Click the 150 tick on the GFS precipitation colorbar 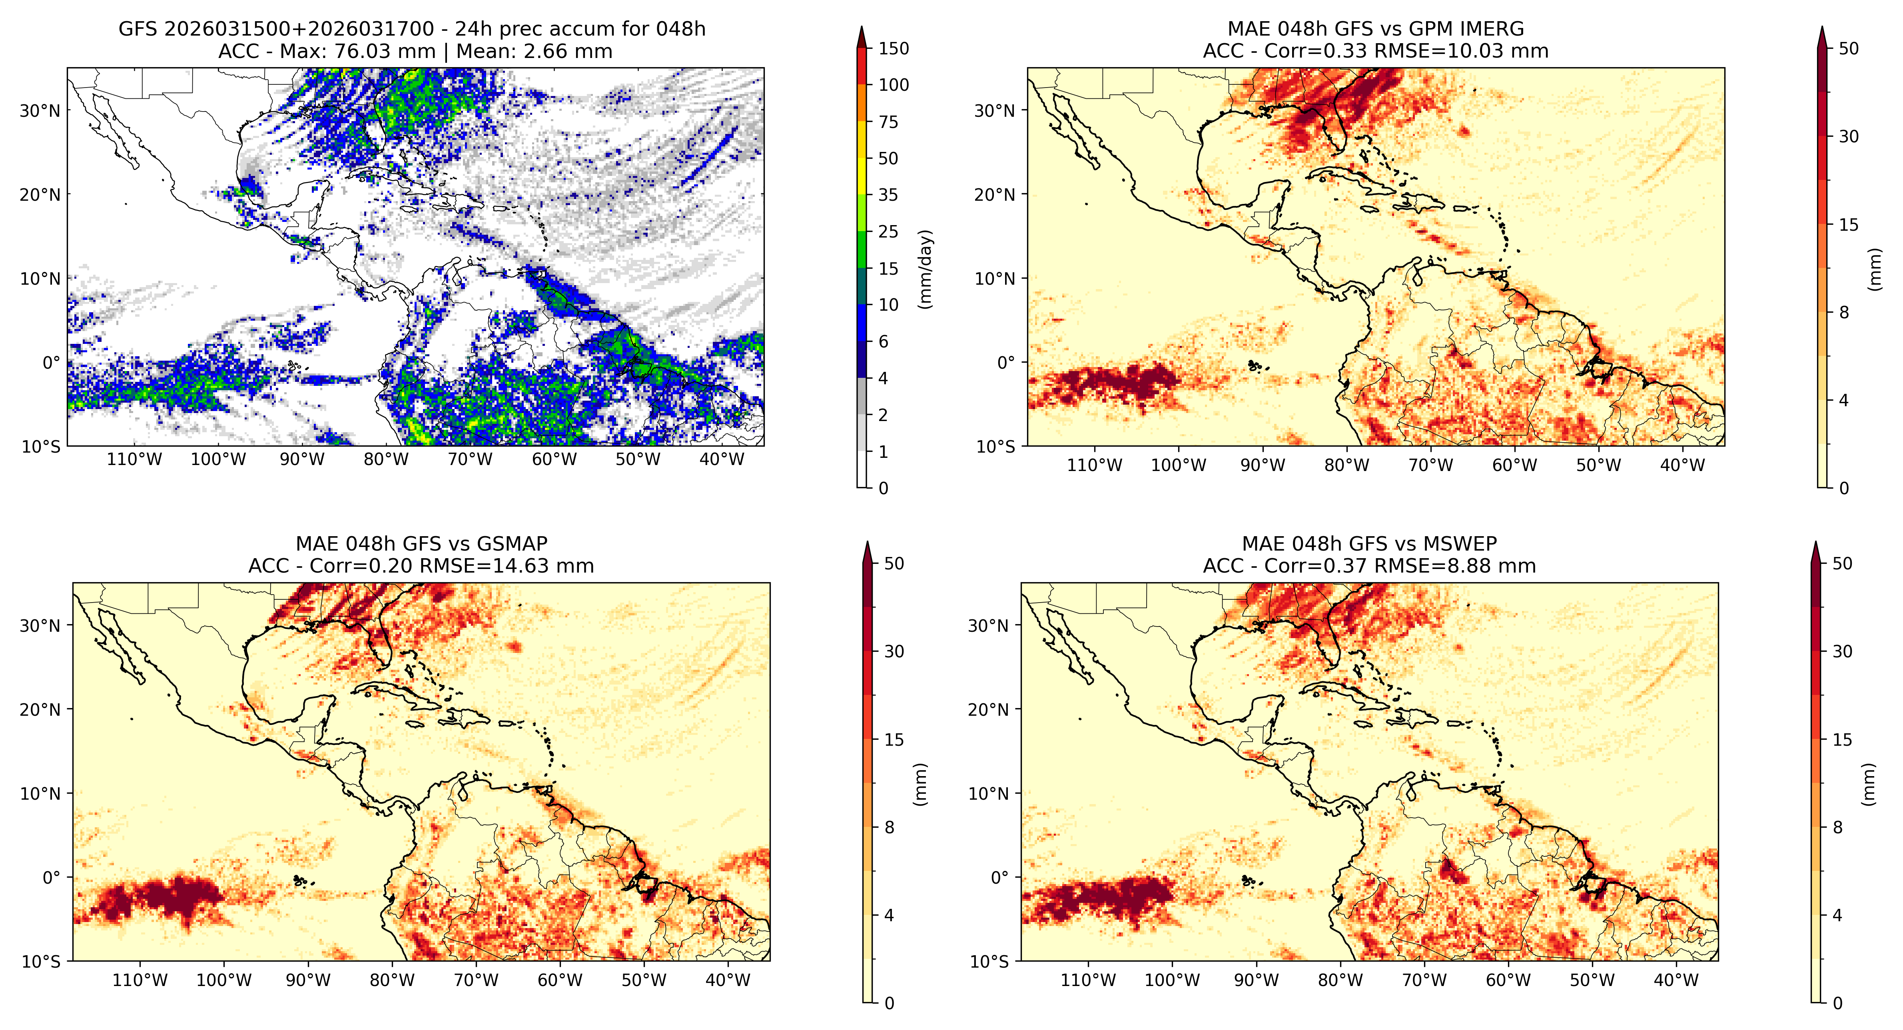pos(893,49)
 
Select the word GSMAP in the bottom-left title pos(512,544)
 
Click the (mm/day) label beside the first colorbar pos(925,269)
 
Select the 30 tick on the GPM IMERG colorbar pos(1848,137)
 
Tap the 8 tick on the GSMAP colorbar pos(890,828)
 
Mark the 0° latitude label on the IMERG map pos(1006,363)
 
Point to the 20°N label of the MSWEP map pos(988,709)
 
